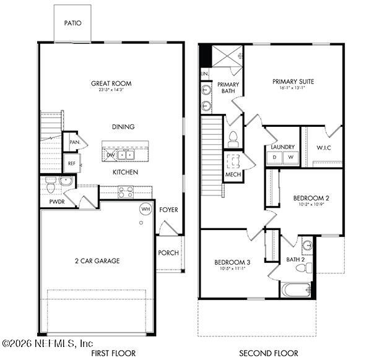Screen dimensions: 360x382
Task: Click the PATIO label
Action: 72,24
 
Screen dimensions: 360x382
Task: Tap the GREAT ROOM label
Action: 111,84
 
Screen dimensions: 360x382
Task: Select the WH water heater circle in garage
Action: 145,209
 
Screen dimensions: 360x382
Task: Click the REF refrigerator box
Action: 71,164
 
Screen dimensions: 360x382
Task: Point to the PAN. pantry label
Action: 74,142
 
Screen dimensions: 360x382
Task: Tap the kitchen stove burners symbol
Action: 126,192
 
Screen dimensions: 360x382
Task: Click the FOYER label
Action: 168,210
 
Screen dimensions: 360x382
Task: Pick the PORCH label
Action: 168,253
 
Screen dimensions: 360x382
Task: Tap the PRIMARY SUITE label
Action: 293,80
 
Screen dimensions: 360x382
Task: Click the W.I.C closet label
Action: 323,147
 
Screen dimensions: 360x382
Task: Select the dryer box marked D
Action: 275,158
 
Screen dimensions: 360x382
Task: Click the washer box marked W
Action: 290,158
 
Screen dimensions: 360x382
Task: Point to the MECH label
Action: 233,174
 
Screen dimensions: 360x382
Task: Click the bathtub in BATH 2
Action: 295,289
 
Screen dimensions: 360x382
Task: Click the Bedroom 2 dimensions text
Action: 311,205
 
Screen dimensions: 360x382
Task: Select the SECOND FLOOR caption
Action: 269,353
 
